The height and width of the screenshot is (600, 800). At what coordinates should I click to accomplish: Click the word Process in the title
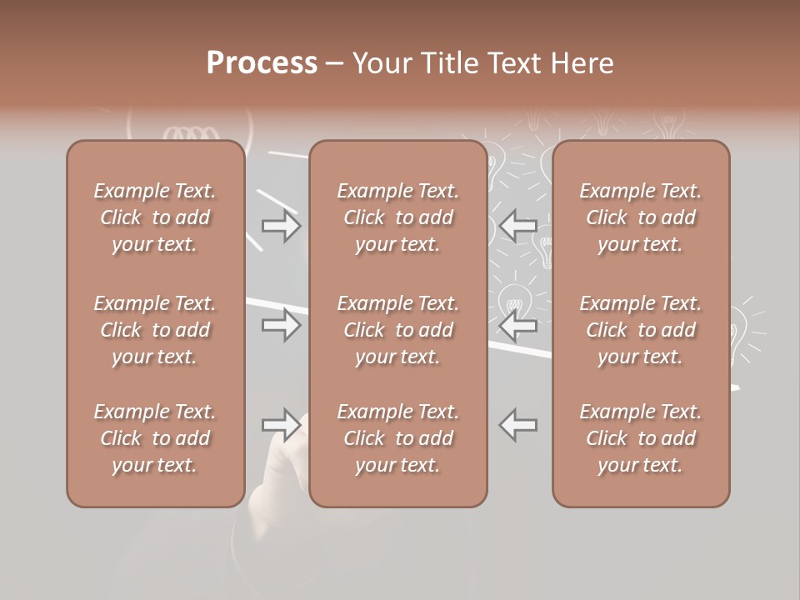click(x=262, y=63)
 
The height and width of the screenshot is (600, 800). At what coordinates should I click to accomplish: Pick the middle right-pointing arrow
click(x=282, y=325)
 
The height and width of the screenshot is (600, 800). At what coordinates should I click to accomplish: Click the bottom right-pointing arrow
click(x=282, y=425)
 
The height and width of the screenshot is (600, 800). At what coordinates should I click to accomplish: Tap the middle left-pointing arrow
click(x=517, y=325)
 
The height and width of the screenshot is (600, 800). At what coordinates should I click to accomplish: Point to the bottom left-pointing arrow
click(x=517, y=425)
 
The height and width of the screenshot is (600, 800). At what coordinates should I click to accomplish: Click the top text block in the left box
click(x=155, y=217)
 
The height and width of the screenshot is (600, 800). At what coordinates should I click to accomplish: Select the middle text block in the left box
click(x=155, y=330)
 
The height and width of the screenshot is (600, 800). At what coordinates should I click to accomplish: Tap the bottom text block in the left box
click(x=155, y=438)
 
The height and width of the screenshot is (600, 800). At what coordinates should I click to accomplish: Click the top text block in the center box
click(x=397, y=217)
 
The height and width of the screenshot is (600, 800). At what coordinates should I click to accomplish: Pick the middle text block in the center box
click(x=397, y=330)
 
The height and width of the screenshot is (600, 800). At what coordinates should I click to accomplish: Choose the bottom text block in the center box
click(x=397, y=438)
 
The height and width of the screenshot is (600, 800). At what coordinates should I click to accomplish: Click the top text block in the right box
click(x=640, y=217)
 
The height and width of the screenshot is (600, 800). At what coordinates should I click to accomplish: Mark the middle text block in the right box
click(x=640, y=330)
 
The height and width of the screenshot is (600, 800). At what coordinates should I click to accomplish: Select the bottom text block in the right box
click(x=640, y=438)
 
